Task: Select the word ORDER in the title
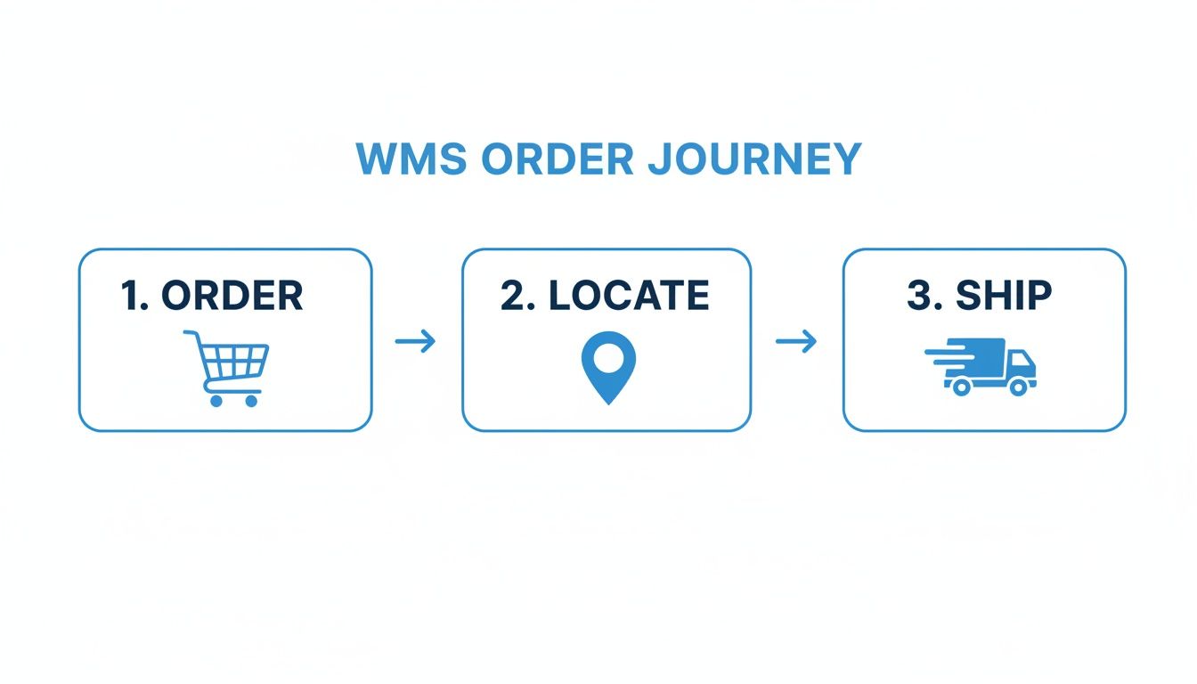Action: pos(558,159)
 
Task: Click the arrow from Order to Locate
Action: pos(415,341)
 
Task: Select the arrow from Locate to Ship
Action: pos(796,341)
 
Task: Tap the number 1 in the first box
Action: pos(132,297)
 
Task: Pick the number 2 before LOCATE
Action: pos(515,297)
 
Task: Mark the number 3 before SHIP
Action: pos(922,297)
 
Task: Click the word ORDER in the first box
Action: pos(232,297)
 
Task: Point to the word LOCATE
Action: pos(629,297)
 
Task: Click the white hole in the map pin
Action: pos(608,359)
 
